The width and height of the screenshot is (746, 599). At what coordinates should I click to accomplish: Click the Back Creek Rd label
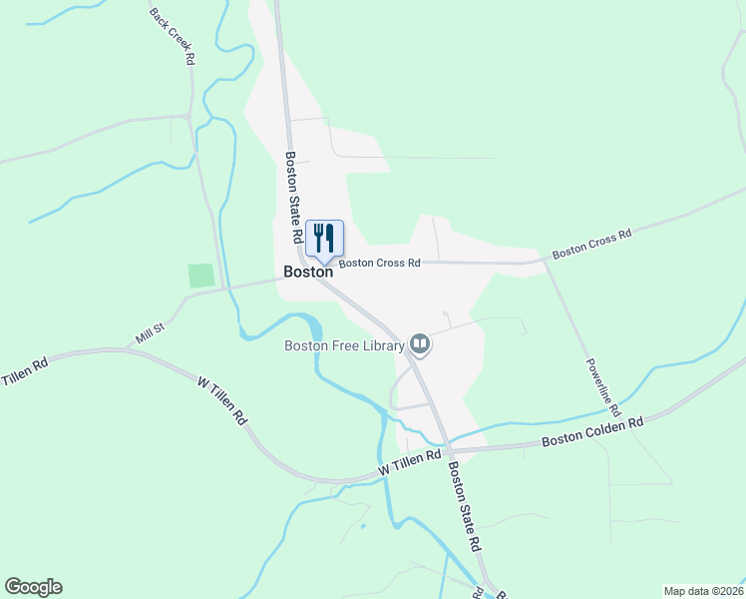click(x=171, y=37)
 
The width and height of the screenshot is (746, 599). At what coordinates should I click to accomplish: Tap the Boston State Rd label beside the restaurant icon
click(x=294, y=198)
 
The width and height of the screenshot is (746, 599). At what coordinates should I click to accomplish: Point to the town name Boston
click(x=307, y=271)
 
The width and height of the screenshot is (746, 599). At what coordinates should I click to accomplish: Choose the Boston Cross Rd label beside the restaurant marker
click(x=380, y=264)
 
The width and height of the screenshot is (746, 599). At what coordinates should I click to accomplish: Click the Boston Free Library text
click(x=344, y=346)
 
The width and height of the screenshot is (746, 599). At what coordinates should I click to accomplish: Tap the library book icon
click(x=420, y=345)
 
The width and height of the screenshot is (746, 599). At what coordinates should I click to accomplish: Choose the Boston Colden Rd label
click(x=592, y=431)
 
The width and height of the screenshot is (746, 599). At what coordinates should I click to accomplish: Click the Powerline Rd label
click(x=602, y=386)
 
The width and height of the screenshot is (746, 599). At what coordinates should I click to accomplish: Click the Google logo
click(x=33, y=587)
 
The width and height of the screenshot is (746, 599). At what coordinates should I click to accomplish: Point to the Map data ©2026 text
click(x=702, y=591)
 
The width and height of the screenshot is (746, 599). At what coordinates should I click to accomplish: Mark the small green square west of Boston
click(x=201, y=276)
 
